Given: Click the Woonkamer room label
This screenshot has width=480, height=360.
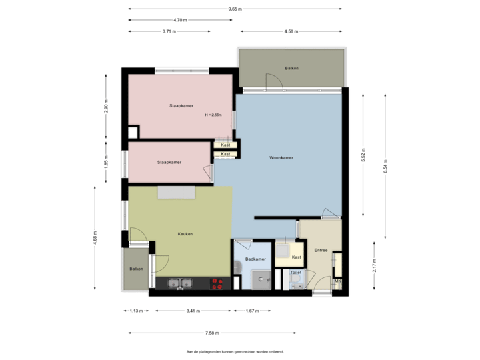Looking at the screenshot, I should (281, 158).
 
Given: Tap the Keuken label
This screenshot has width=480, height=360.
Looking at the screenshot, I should (185, 234).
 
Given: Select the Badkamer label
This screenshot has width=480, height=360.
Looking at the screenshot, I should (256, 259).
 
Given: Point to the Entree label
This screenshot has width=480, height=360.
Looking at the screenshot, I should (321, 250).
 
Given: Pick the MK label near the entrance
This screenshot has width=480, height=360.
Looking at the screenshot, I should (337, 281).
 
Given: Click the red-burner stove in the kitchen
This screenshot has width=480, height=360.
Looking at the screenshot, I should (217, 283).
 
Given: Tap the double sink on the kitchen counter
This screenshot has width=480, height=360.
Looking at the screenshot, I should (178, 283).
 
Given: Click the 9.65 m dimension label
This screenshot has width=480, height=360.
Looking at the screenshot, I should (235, 9).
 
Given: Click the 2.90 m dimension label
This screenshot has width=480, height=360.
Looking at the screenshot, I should (106, 106).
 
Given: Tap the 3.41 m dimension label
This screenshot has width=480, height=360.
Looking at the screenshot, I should (193, 311).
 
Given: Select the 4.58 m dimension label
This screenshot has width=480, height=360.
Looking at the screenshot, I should (291, 31).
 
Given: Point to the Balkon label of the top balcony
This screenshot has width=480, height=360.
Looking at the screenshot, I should (291, 68).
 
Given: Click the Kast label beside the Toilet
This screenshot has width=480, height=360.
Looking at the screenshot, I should (297, 257).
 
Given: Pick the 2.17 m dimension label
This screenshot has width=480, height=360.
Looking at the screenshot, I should (375, 265).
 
